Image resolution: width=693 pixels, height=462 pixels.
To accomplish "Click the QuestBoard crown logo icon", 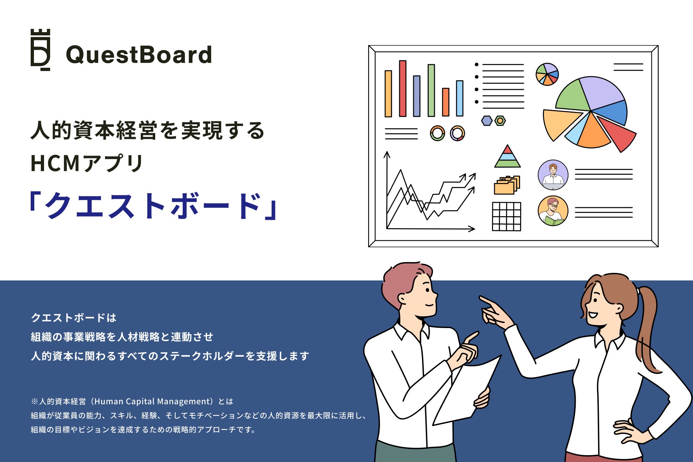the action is pos(40,50).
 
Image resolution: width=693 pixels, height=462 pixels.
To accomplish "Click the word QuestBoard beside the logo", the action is pos(139,55).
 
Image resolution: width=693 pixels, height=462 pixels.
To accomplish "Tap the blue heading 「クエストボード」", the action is pos(153,205).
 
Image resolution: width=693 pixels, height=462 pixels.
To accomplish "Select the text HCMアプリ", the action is pos(87,163).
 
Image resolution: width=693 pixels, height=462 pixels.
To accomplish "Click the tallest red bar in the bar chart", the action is pos(402,88).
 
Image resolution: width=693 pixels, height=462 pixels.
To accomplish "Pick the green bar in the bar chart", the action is pos(431,90).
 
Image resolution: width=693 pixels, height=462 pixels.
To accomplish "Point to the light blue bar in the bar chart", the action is pos(459,98).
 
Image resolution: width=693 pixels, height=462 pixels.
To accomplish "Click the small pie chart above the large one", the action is pos(547,74).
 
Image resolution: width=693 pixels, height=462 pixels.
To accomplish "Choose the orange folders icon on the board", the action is pos(507,185).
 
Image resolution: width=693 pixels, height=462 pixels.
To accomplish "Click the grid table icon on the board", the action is pos(506,217).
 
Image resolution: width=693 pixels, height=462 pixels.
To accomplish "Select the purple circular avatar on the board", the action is pos(553,175).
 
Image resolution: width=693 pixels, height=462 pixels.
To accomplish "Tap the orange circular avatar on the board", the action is pos(553,211).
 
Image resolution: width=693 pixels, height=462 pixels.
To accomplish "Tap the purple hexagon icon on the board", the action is pos(487,121).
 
